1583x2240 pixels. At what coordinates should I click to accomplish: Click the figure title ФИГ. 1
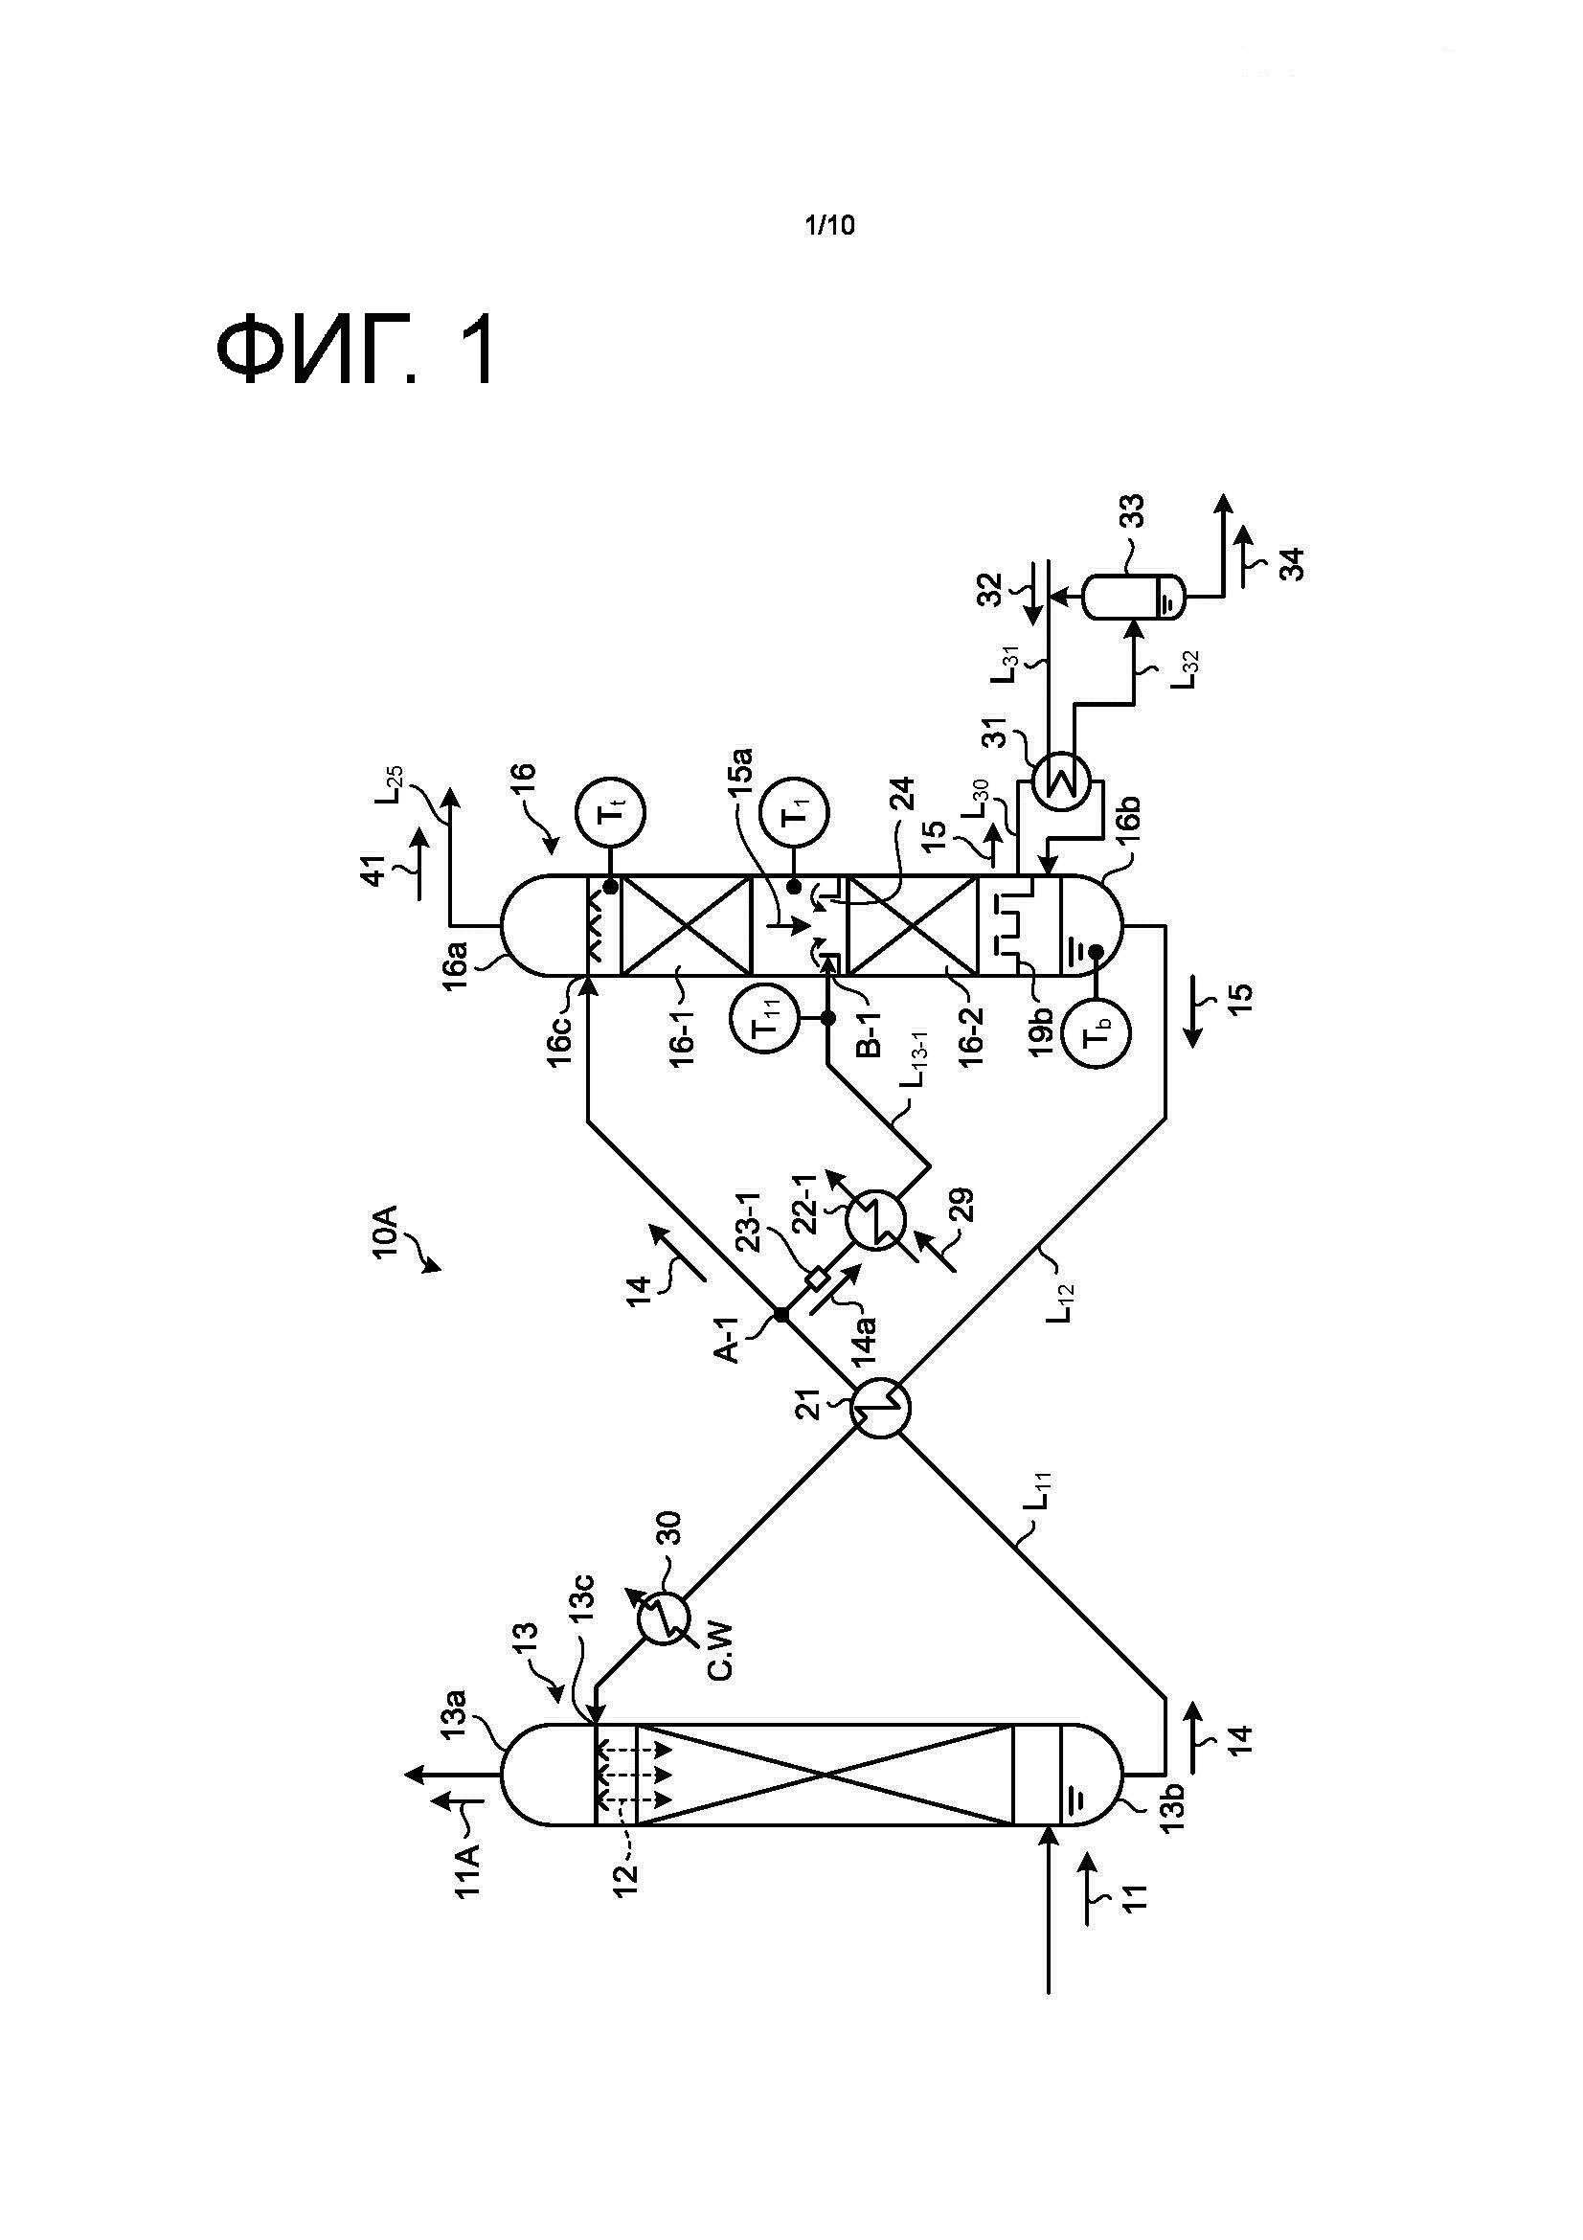coord(355,352)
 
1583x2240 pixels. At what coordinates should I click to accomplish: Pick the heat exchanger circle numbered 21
coord(880,1406)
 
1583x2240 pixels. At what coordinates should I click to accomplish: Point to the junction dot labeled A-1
coord(781,1315)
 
